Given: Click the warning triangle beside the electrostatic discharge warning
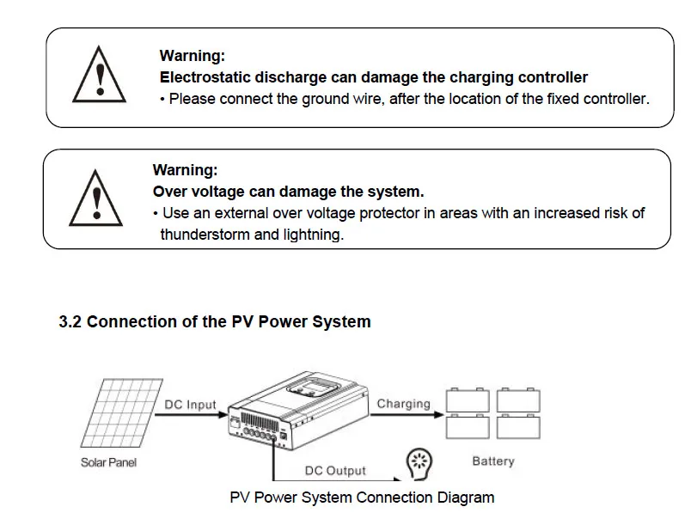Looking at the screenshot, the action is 99,76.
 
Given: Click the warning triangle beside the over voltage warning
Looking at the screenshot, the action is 95,198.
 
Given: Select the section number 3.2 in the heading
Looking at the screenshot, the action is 70,321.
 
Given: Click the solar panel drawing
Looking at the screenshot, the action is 122,412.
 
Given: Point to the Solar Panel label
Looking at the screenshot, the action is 108,462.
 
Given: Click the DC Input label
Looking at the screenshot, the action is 190,405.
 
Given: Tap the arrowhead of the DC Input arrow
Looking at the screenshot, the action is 223,415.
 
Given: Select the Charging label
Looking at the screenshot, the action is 404,404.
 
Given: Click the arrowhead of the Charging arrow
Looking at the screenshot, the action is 439,415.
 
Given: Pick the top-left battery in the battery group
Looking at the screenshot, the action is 468,400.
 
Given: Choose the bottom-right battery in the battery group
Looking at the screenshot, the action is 518,426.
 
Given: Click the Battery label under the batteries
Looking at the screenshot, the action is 493,461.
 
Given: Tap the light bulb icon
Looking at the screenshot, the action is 419,464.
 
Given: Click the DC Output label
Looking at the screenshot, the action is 335,471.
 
